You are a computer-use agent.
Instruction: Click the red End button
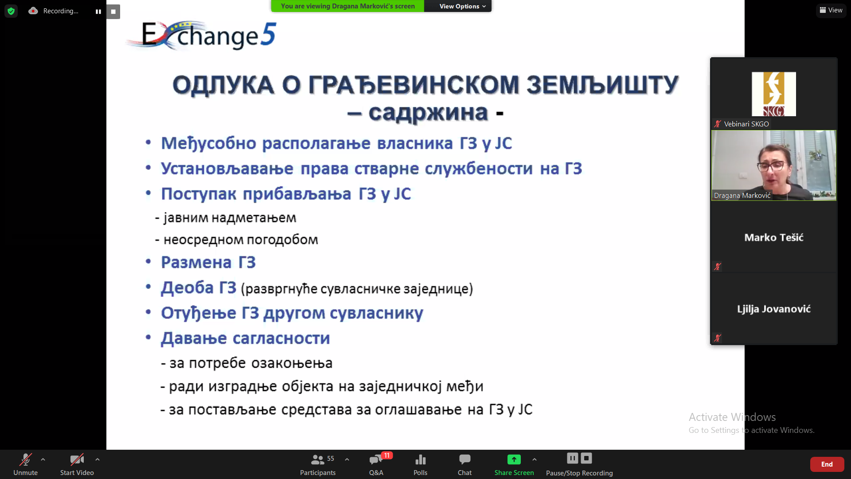point(827,464)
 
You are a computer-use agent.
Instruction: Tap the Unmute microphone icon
point(25,459)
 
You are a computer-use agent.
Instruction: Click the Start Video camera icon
point(77,459)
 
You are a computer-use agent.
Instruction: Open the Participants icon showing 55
point(317,459)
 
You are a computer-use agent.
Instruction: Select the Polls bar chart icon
point(420,459)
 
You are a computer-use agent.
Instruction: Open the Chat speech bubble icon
point(465,459)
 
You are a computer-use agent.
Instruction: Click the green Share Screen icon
point(514,459)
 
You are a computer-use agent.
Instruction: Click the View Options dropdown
point(462,6)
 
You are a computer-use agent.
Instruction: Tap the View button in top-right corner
point(831,10)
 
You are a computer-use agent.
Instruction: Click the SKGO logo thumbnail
point(773,94)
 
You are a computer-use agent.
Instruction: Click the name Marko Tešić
point(773,237)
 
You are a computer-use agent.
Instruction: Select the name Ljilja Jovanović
point(773,309)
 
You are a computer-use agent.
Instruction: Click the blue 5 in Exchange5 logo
point(268,34)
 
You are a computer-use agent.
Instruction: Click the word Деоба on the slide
point(187,288)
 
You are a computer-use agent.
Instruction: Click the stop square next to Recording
point(113,12)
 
